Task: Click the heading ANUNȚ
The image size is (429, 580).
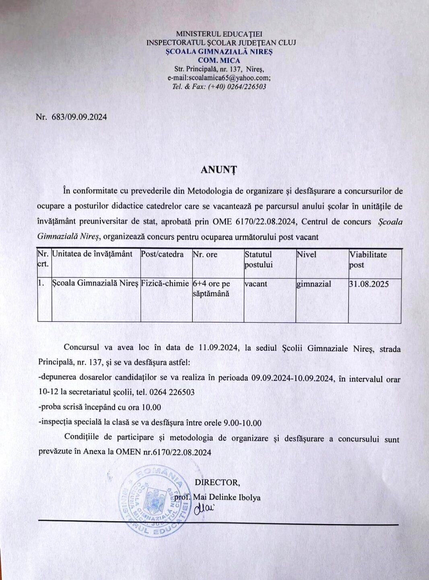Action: (219, 170)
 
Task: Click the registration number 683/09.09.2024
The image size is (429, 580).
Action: (79, 117)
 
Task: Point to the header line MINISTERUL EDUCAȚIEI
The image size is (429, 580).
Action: (219, 34)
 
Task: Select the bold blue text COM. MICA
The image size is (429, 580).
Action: (219, 60)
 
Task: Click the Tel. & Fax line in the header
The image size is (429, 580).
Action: (219, 87)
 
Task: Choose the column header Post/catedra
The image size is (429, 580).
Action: (162, 254)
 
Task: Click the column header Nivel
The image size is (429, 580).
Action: (306, 254)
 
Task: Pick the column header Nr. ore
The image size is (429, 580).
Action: (205, 254)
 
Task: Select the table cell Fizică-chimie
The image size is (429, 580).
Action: (165, 283)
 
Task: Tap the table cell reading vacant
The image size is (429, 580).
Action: (256, 284)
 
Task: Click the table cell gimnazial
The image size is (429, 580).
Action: (314, 284)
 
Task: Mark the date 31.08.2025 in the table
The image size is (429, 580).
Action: (369, 284)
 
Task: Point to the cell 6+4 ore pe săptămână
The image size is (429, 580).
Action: (211, 289)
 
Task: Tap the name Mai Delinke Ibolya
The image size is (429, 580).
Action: (227, 497)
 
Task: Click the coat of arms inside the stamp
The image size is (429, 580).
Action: (153, 500)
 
